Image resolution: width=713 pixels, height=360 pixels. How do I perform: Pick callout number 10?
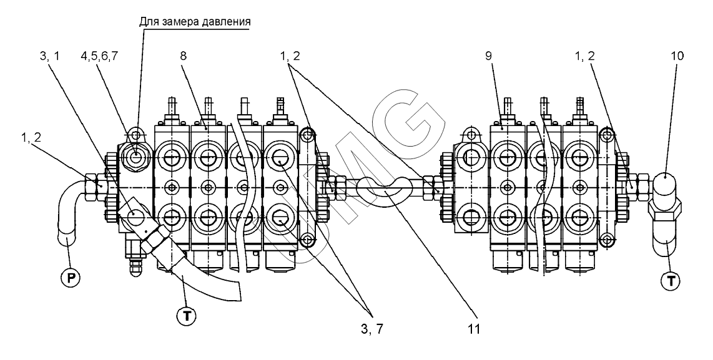click(x=677, y=56)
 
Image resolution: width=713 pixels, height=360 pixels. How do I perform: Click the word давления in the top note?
click(x=225, y=21)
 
